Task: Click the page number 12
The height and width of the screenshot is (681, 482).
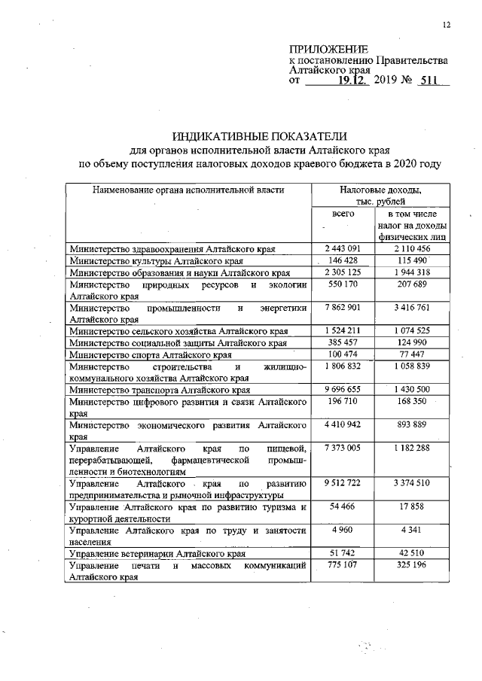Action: [x=447, y=25]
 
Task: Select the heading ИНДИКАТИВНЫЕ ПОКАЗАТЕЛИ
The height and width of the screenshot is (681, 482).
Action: [x=260, y=136]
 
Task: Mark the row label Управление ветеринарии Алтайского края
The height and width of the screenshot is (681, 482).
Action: [x=158, y=554]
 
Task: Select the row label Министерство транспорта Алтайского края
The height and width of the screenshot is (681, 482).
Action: [x=160, y=391]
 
